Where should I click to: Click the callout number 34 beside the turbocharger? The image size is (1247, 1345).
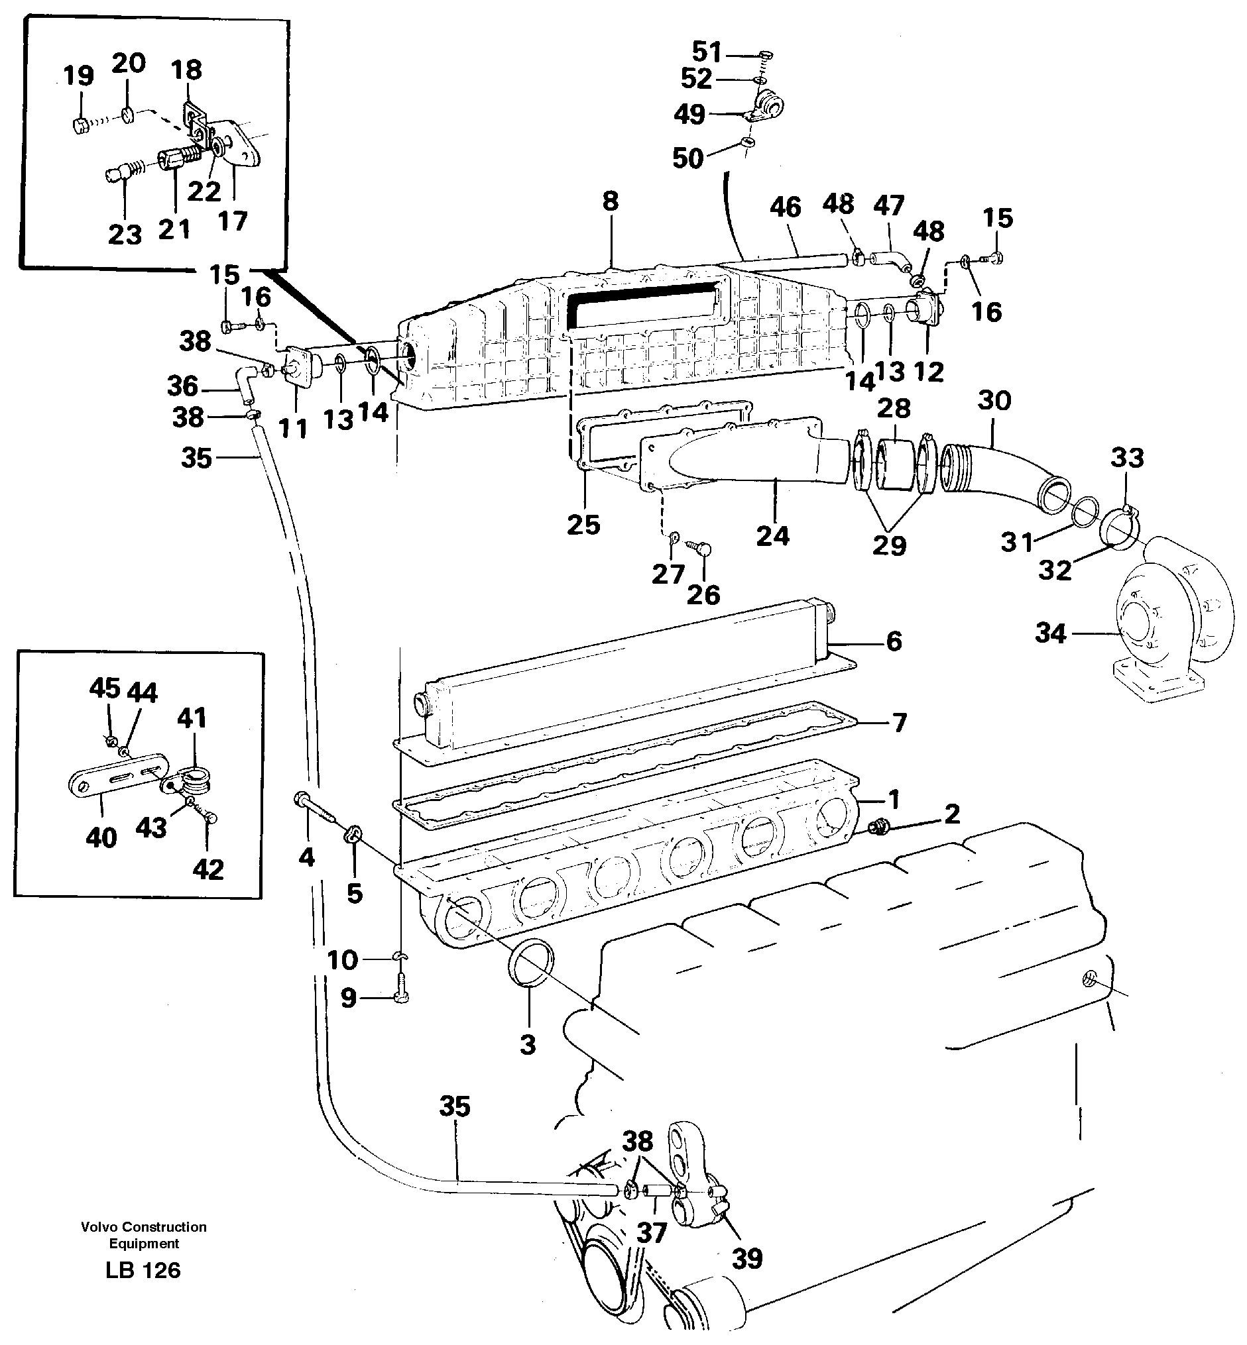point(1050,633)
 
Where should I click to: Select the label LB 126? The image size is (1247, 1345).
point(143,1271)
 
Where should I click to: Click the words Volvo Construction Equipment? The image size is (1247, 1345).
point(144,1235)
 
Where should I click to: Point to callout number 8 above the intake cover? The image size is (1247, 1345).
point(610,201)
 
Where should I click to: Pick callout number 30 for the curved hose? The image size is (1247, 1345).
point(994,401)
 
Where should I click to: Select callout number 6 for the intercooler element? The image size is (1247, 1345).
point(894,641)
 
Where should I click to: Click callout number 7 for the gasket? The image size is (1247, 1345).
point(899,722)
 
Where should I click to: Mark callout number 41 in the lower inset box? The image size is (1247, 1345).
point(192,718)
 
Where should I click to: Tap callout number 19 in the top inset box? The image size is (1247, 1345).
point(78,76)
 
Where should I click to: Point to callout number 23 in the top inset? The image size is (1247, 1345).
point(125,235)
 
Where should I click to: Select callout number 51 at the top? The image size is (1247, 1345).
point(707,51)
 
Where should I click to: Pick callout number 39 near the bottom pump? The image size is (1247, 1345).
point(747,1259)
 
